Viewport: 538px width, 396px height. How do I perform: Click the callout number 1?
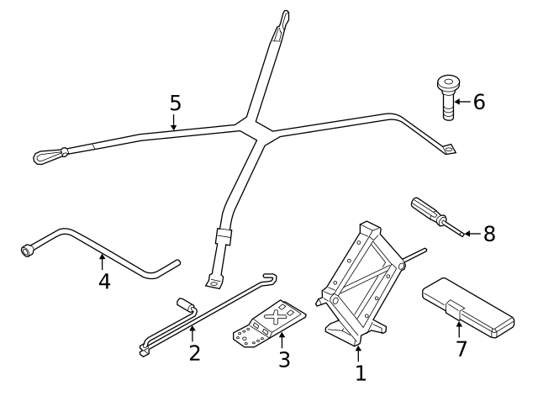(360, 372)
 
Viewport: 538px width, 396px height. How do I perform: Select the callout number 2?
(194, 352)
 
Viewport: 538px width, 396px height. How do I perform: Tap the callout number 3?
(284, 359)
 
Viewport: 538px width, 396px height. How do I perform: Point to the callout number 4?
(104, 281)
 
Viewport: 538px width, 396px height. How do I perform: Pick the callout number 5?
(175, 103)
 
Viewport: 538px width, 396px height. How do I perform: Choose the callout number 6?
(478, 103)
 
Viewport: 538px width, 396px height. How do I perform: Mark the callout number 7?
(461, 349)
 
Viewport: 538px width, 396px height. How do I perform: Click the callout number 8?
(488, 233)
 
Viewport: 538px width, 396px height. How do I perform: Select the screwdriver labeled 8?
(433, 215)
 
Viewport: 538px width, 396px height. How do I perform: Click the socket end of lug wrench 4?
(27, 250)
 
